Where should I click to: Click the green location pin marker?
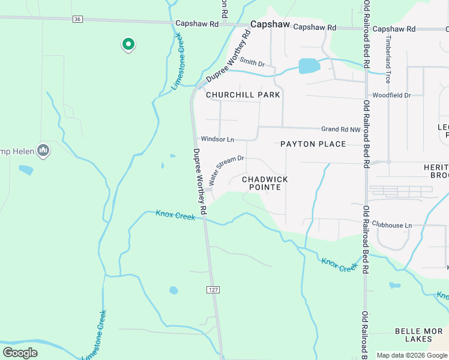(128, 44)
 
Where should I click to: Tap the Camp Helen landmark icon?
(43, 150)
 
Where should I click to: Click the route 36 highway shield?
(77, 19)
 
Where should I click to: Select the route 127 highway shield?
(213, 289)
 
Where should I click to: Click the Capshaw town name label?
(270, 25)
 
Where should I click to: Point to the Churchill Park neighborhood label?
(243, 95)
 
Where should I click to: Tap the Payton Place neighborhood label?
(313, 144)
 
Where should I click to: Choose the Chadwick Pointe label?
(265, 183)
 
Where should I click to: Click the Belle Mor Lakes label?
(418, 335)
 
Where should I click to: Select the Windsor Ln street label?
(217, 139)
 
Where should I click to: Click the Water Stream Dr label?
(226, 170)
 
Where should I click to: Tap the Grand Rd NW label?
(340, 129)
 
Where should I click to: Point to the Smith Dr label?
(252, 62)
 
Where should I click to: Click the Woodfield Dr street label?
(391, 95)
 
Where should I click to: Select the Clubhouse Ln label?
(392, 225)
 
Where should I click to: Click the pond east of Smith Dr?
(309, 65)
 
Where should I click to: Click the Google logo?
(20, 353)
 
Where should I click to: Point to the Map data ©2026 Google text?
(412, 355)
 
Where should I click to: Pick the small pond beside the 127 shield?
(173, 290)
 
